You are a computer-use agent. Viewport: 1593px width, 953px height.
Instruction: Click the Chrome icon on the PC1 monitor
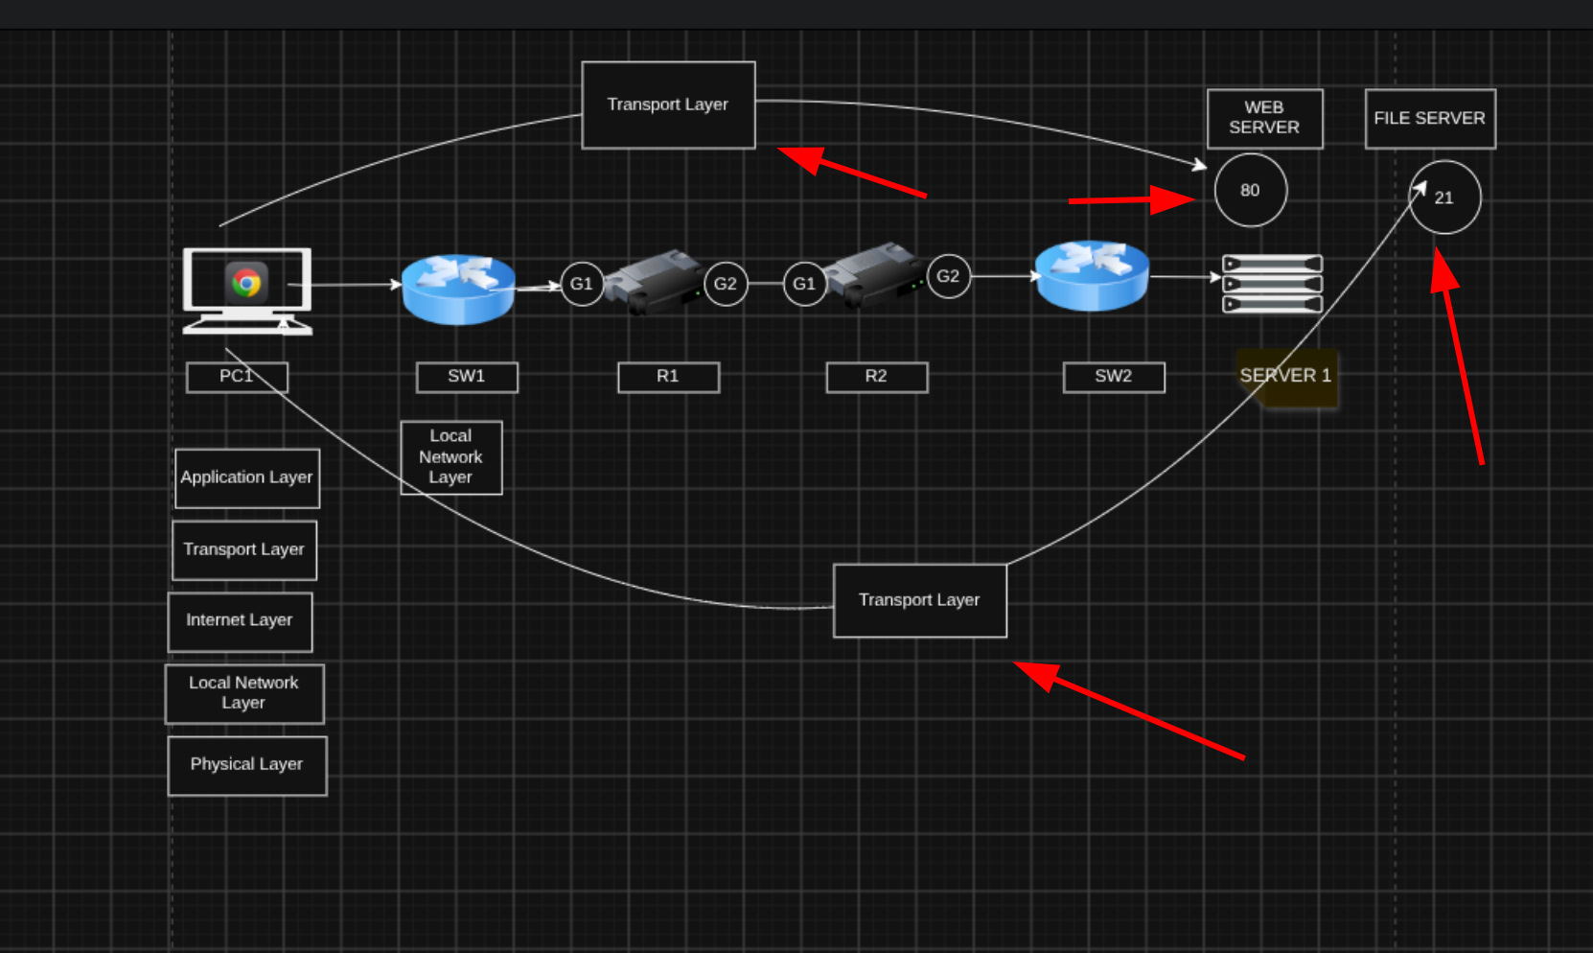[246, 282]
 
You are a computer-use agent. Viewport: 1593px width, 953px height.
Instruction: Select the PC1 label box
[237, 377]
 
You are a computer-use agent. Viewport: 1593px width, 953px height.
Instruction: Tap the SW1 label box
[467, 377]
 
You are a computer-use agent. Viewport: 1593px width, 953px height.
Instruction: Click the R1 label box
[668, 377]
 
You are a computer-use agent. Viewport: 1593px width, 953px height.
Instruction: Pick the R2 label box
[876, 377]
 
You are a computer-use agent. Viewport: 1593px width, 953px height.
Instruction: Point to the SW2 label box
[1114, 377]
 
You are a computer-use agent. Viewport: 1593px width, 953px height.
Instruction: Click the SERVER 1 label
[1285, 377]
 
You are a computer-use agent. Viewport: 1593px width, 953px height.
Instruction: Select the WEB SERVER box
[1264, 119]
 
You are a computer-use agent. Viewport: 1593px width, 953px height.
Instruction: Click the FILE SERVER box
[1430, 119]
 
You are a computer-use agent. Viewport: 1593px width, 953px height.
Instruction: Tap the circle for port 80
[1250, 190]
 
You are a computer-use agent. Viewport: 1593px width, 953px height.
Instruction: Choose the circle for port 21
[1444, 197]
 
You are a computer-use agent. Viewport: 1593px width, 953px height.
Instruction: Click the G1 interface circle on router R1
[582, 284]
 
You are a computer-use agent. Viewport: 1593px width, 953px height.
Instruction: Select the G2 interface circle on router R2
[948, 276]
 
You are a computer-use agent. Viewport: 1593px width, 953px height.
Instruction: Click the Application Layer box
[246, 477]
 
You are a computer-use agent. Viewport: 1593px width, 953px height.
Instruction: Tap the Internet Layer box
[240, 621]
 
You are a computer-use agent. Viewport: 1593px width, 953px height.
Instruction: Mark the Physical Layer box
[246, 765]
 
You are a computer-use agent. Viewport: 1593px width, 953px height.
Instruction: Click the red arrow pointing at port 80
[1132, 200]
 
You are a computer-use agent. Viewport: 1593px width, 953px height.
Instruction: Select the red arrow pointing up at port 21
[1457, 356]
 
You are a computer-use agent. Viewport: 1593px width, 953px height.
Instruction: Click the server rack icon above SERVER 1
[1272, 284]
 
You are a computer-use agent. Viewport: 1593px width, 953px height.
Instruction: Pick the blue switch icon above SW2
[1092, 276]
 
